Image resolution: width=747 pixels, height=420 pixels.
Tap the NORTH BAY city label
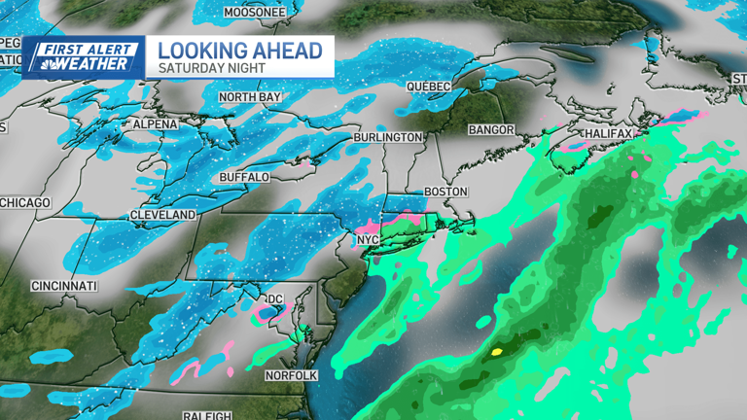251,97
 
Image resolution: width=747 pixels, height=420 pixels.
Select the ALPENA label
156,124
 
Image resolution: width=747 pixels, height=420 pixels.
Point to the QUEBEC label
429,87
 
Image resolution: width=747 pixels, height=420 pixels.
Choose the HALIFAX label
609,132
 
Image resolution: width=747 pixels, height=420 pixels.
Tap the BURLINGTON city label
388,138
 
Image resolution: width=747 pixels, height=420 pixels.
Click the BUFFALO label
244,177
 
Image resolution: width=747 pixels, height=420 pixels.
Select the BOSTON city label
445,192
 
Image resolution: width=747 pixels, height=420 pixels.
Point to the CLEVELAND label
162,214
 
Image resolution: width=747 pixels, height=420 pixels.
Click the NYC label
367,239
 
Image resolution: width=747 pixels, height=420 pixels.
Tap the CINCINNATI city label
64,286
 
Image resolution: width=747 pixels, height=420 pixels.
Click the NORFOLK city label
292,374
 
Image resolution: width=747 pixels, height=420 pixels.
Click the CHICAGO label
24,202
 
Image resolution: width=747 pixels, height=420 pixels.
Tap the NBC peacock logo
44,62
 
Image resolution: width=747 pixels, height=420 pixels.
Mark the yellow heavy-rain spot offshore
497,351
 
